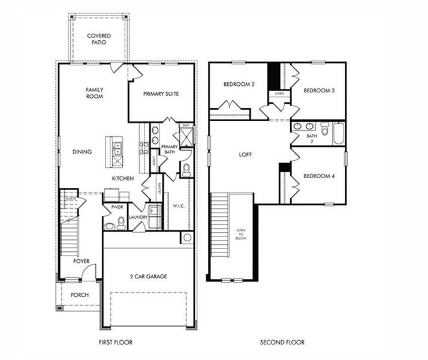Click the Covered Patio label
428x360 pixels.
[98, 40]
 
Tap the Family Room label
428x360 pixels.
[95, 92]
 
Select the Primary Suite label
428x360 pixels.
[161, 94]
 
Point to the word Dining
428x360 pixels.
[82, 152]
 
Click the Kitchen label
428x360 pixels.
[122, 179]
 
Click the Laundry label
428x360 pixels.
[138, 217]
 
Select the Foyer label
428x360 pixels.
[82, 261]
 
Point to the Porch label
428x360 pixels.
[80, 295]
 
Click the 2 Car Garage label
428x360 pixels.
[148, 277]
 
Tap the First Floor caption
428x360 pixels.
[116, 343]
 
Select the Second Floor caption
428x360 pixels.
[282, 343]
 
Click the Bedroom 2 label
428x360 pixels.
[239, 85]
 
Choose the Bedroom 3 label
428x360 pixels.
[318, 91]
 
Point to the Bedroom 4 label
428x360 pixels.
[318, 176]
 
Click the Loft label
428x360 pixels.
[245, 155]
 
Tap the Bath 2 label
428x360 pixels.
[312, 139]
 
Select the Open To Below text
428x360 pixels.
[241, 233]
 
